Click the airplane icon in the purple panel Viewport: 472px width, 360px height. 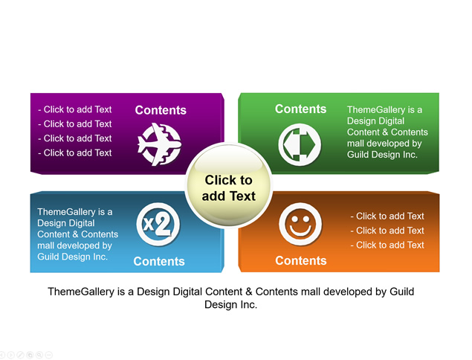coord(159,144)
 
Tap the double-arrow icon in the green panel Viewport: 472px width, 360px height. coord(300,144)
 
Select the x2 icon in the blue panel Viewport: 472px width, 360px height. coord(158,225)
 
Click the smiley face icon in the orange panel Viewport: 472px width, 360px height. coord(300,224)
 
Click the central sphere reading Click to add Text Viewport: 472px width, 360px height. coord(229,185)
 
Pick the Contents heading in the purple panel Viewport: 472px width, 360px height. coord(161,110)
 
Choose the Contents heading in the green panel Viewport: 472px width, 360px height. coord(301,109)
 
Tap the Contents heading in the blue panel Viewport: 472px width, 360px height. coord(159,262)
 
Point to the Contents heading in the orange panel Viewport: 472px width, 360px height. coord(301,261)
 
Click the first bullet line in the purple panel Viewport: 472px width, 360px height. coord(74,109)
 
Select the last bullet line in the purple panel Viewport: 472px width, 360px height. coord(74,152)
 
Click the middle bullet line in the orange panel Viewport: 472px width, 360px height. coord(387,231)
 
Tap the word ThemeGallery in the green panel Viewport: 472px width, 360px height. coord(376,110)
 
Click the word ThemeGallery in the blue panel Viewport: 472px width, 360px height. coord(66,212)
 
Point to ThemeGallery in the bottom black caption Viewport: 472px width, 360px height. coord(81,292)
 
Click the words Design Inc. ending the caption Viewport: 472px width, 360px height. coord(231,304)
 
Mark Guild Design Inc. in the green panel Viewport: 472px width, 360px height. coord(382,155)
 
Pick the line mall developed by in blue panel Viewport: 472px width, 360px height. coord(74,245)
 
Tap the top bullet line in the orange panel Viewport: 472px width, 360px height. coord(387,216)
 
